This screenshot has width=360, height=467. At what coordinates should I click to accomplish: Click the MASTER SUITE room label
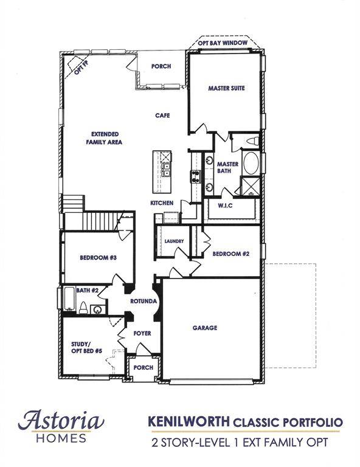pyautogui.click(x=226, y=88)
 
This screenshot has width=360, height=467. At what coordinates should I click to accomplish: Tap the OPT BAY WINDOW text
pyautogui.click(x=223, y=43)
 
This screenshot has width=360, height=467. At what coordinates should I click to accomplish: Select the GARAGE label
pyautogui.click(x=205, y=328)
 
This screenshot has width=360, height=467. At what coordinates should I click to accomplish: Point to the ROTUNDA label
pyautogui.click(x=144, y=302)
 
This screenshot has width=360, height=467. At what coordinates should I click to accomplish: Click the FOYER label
pyautogui.click(x=142, y=333)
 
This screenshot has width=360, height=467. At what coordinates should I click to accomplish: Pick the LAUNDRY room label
pyautogui.click(x=174, y=241)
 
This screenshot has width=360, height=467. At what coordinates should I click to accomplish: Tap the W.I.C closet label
pyautogui.click(x=225, y=206)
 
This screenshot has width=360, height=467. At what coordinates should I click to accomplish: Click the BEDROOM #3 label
pyautogui.click(x=99, y=258)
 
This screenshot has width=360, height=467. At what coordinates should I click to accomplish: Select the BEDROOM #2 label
pyautogui.click(x=230, y=254)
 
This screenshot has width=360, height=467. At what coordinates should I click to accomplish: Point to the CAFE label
pyautogui.click(x=162, y=116)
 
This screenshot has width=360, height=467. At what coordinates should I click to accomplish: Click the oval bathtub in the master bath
pyautogui.click(x=251, y=163)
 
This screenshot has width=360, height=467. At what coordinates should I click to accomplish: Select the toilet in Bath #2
pyautogui.click(x=83, y=308)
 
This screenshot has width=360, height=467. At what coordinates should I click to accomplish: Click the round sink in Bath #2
pyautogui.click(x=97, y=310)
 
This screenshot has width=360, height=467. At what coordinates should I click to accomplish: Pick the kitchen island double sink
pyautogui.click(x=166, y=170)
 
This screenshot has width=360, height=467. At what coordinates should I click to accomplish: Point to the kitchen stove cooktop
pyautogui.click(x=195, y=176)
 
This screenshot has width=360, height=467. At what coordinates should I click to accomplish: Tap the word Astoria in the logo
pyautogui.click(x=61, y=420)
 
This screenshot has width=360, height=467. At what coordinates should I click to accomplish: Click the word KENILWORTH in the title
pyautogui.click(x=189, y=421)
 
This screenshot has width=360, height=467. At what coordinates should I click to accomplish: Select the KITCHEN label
pyautogui.click(x=162, y=203)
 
